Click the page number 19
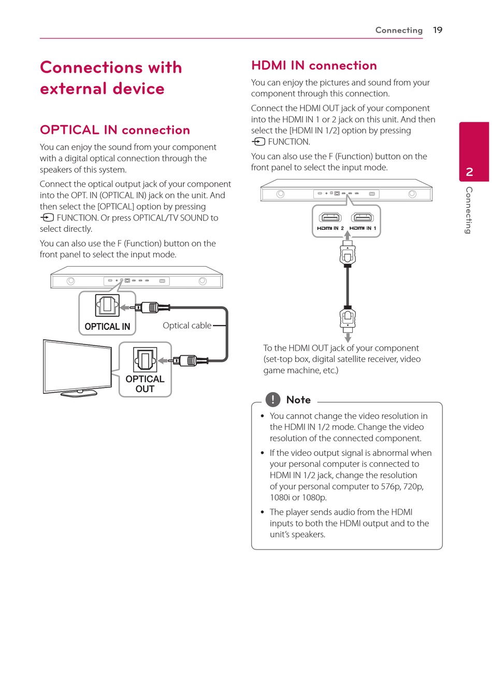438,30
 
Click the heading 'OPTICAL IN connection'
115,130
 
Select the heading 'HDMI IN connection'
314,65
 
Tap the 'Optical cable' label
187,326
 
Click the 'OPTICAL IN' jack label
107,327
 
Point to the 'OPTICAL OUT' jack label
145,384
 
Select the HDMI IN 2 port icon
330,217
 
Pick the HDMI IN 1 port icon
363,217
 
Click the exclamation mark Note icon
273,399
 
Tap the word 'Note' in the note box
298,400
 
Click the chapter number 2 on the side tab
470,172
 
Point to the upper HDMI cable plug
348,254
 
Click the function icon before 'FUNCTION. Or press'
47,218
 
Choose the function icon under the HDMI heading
258,142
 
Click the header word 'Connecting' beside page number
399,30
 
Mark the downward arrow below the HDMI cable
348,338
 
